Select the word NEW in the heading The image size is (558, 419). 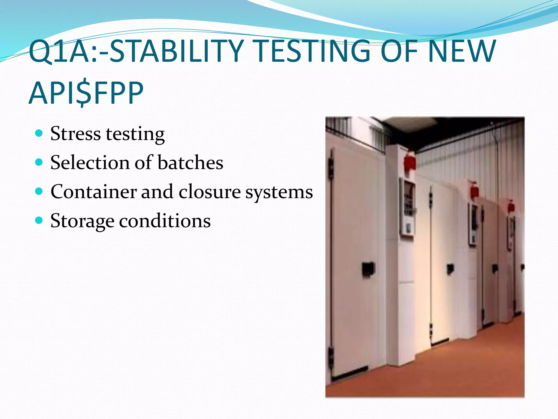click(461, 51)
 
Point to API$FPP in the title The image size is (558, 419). click(86, 93)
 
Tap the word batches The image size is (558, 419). click(190, 163)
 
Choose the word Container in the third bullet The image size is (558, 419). click(93, 191)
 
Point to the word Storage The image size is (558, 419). click(82, 221)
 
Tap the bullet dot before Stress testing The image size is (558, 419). click(39, 133)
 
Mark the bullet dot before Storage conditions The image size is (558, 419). click(39, 220)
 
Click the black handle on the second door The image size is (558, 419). click(450, 269)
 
